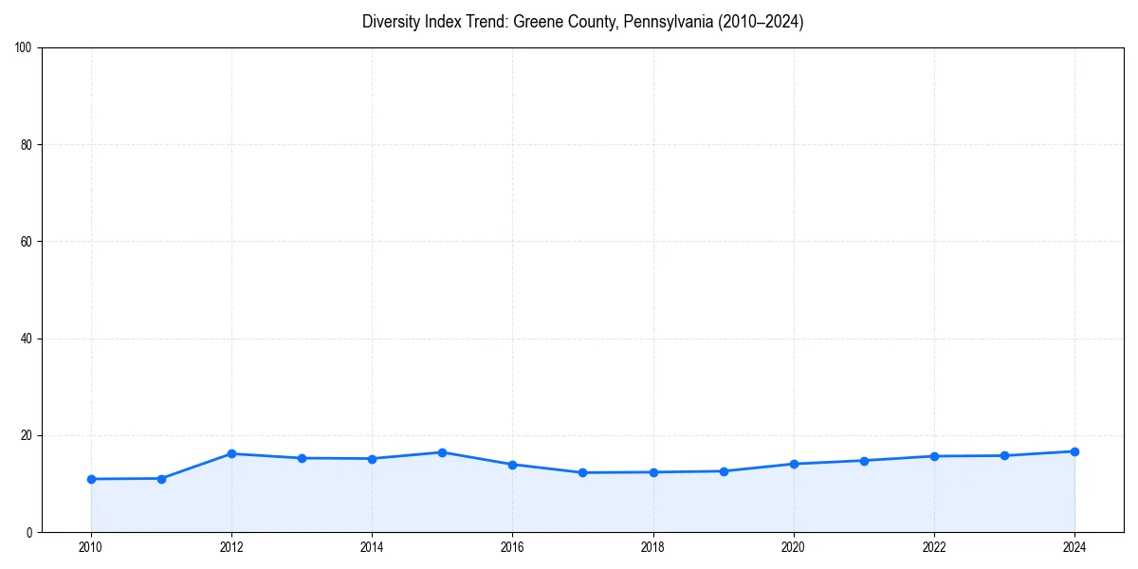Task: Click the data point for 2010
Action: click(91, 479)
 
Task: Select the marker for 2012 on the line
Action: click(231, 453)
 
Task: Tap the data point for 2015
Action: click(442, 452)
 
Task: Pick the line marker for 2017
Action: click(582, 472)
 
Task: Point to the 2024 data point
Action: click(1074, 451)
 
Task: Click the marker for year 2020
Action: click(794, 464)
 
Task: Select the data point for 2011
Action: click(161, 479)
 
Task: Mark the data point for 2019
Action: click(724, 471)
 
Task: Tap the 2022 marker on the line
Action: click(934, 456)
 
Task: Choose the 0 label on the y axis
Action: click(30, 532)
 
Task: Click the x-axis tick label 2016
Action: click(512, 547)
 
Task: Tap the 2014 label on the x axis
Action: click(372, 547)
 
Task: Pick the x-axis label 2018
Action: click(652, 547)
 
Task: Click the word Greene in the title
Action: click(537, 23)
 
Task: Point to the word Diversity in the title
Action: click(391, 23)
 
